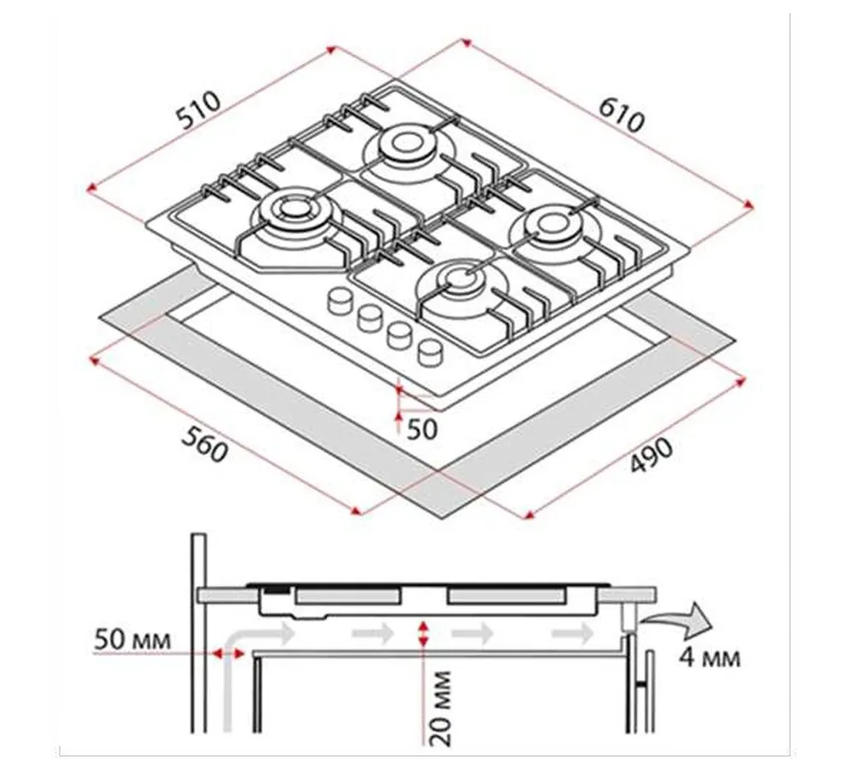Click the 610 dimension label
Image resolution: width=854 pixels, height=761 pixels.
click(622, 115)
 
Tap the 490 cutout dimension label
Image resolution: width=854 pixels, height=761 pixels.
click(652, 454)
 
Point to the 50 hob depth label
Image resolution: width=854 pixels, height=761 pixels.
click(422, 430)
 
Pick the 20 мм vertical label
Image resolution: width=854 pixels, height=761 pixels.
click(440, 707)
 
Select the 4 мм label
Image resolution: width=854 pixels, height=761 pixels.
click(710, 658)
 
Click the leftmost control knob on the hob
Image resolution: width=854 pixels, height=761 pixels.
click(340, 301)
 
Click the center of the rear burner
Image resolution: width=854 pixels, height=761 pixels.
click(404, 143)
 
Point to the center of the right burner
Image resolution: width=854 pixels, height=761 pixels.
click(551, 225)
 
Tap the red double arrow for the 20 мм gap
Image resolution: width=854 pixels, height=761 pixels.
click(423, 635)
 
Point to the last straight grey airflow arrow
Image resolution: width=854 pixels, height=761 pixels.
click(573, 633)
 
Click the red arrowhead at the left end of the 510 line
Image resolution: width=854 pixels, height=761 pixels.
click(92, 189)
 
